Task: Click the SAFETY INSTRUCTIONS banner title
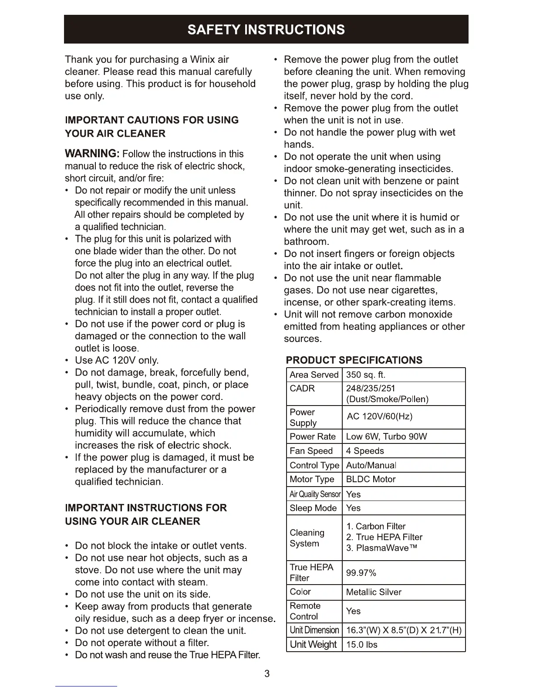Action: pos(266,30)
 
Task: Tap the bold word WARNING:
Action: pos(92,154)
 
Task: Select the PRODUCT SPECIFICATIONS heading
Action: pos(354,360)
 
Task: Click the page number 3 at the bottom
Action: pos(267,674)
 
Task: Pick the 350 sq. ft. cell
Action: pos(365,375)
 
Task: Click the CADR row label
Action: pos(302,389)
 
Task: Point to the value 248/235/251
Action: pos(370,389)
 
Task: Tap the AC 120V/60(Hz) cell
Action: pos(379,416)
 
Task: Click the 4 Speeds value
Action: pos(365,451)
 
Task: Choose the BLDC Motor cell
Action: pos(371,480)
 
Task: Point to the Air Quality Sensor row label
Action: pos(315,494)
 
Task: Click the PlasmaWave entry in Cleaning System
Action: pos(381,548)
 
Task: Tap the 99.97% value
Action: pos(361,573)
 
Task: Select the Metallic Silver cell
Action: pos(374,592)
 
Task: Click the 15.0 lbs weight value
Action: pos(361,645)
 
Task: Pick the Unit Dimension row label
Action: pos(314,630)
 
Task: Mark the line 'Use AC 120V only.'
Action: pos(117,360)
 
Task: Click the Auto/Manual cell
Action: pos(371,465)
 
